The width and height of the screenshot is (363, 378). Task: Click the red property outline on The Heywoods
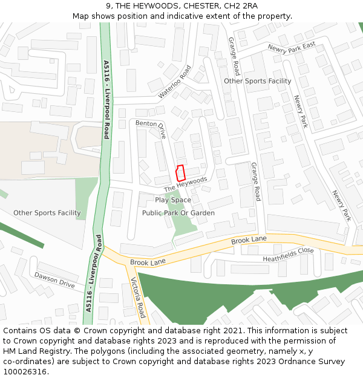(x=180, y=172)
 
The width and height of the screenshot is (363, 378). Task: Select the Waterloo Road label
(x=175, y=82)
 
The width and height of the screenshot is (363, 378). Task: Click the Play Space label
(x=172, y=200)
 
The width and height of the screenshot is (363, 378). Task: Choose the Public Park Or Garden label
(x=178, y=213)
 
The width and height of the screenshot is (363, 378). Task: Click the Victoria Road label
(x=139, y=298)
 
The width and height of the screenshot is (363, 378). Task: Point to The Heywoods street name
(x=185, y=184)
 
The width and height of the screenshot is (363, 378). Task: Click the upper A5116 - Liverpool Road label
(x=106, y=100)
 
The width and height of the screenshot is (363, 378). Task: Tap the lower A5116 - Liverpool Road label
(x=93, y=273)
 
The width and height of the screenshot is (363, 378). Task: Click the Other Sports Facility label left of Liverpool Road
(x=47, y=213)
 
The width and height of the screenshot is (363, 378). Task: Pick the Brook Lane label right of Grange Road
(x=249, y=241)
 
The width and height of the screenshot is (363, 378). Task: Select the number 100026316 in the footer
(x=25, y=372)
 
